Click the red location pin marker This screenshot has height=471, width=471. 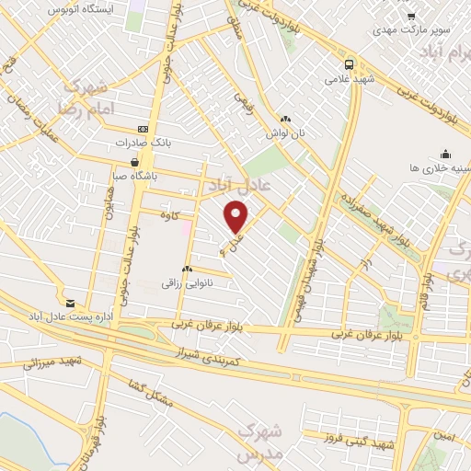pos(237,217)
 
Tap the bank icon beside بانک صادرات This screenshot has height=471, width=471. pos(143,130)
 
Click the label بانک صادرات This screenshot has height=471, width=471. pos(146,144)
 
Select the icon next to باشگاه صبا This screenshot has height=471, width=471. pos(136,162)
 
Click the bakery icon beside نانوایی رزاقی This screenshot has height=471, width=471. pos(187,269)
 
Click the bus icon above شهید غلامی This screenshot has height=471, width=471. pos(349,64)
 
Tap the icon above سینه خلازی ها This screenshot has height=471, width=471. pos(445,154)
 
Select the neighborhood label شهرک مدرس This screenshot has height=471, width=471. pos(257,443)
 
